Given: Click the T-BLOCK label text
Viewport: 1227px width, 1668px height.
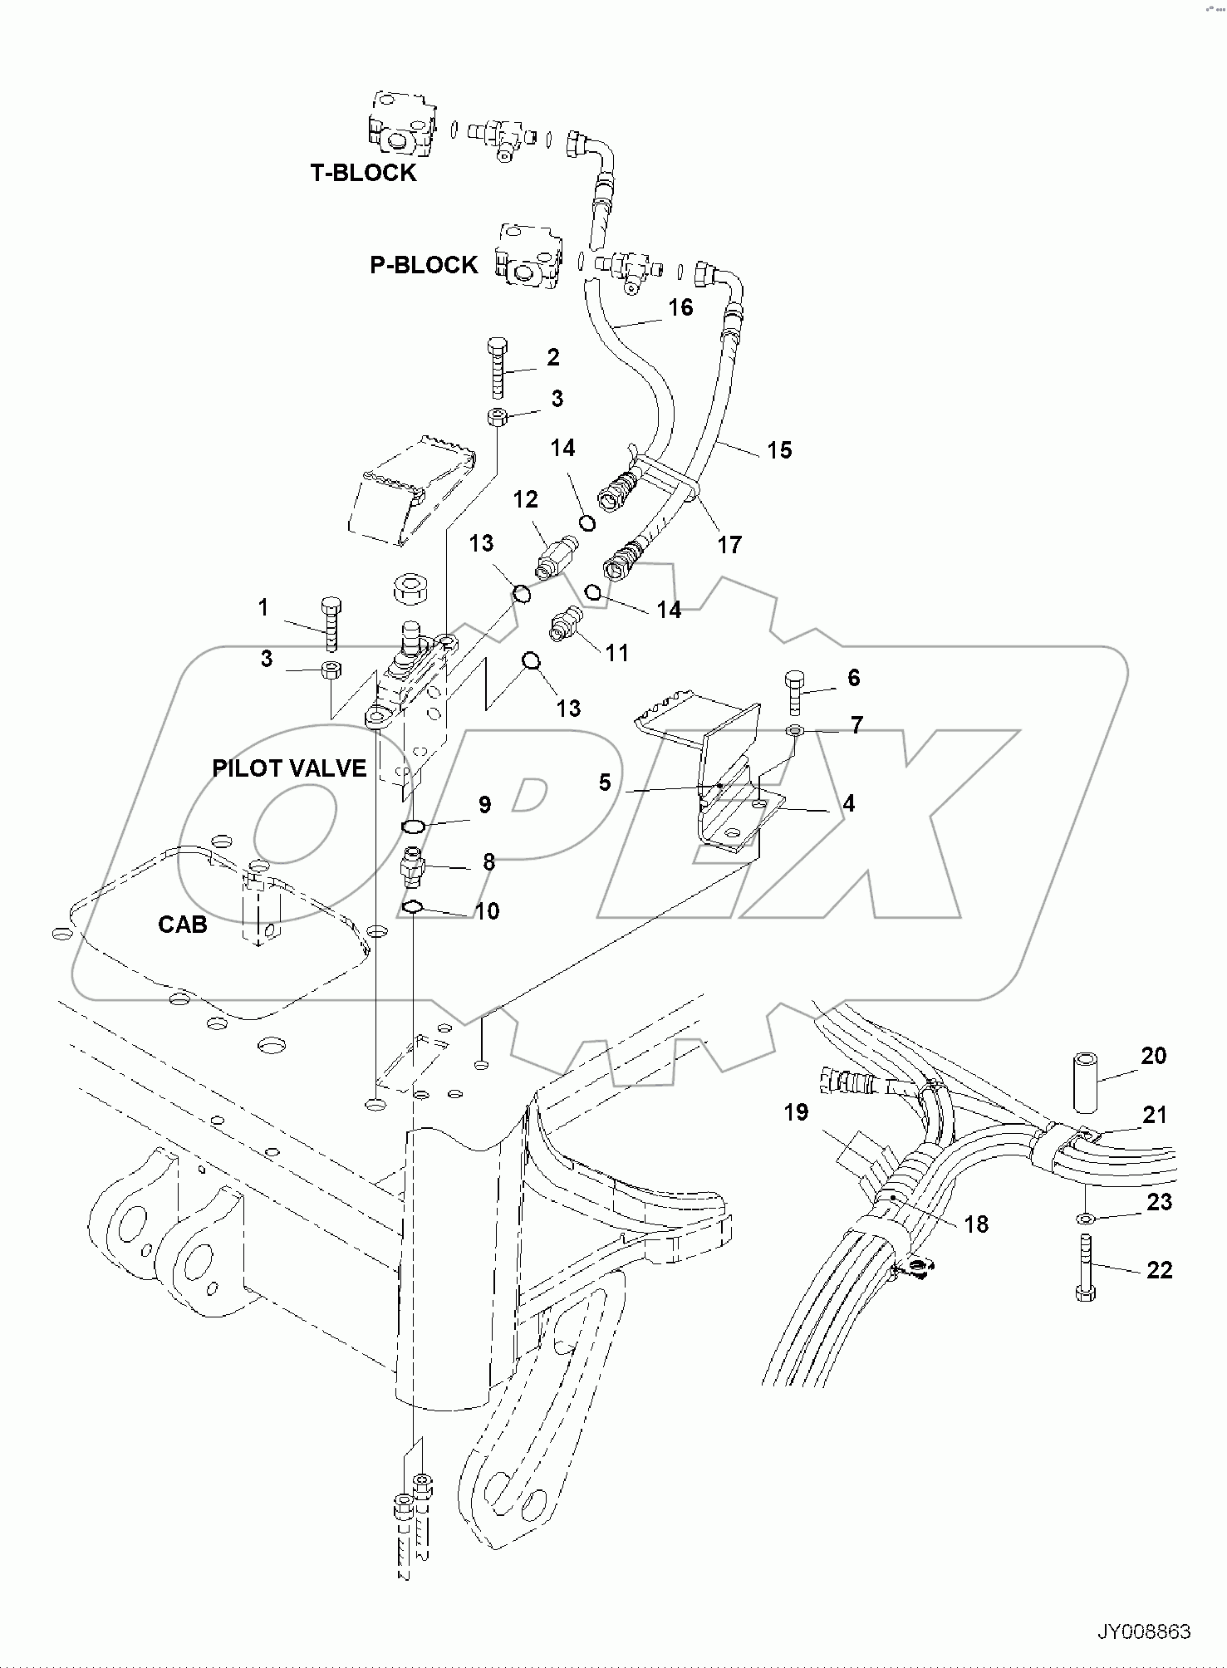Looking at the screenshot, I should pyautogui.click(x=363, y=173).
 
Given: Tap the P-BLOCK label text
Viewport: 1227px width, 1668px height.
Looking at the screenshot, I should pyautogui.click(x=424, y=265).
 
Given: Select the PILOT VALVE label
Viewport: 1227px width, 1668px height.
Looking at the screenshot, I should pyautogui.click(x=289, y=768).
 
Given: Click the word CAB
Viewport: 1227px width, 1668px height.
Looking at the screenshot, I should pyautogui.click(x=183, y=925).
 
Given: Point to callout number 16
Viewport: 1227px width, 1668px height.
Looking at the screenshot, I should pyautogui.click(x=680, y=307).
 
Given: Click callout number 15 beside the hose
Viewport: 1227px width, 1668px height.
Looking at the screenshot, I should pyautogui.click(x=779, y=450).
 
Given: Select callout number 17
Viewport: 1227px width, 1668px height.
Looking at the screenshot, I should pyautogui.click(x=729, y=545).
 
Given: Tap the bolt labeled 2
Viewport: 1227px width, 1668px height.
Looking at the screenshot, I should pyautogui.click(x=498, y=370).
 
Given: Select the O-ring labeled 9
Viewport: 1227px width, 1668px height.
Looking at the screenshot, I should pyautogui.click(x=413, y=826).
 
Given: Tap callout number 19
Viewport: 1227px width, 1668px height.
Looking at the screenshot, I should pyautogui.click(x=796, y=1112).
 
